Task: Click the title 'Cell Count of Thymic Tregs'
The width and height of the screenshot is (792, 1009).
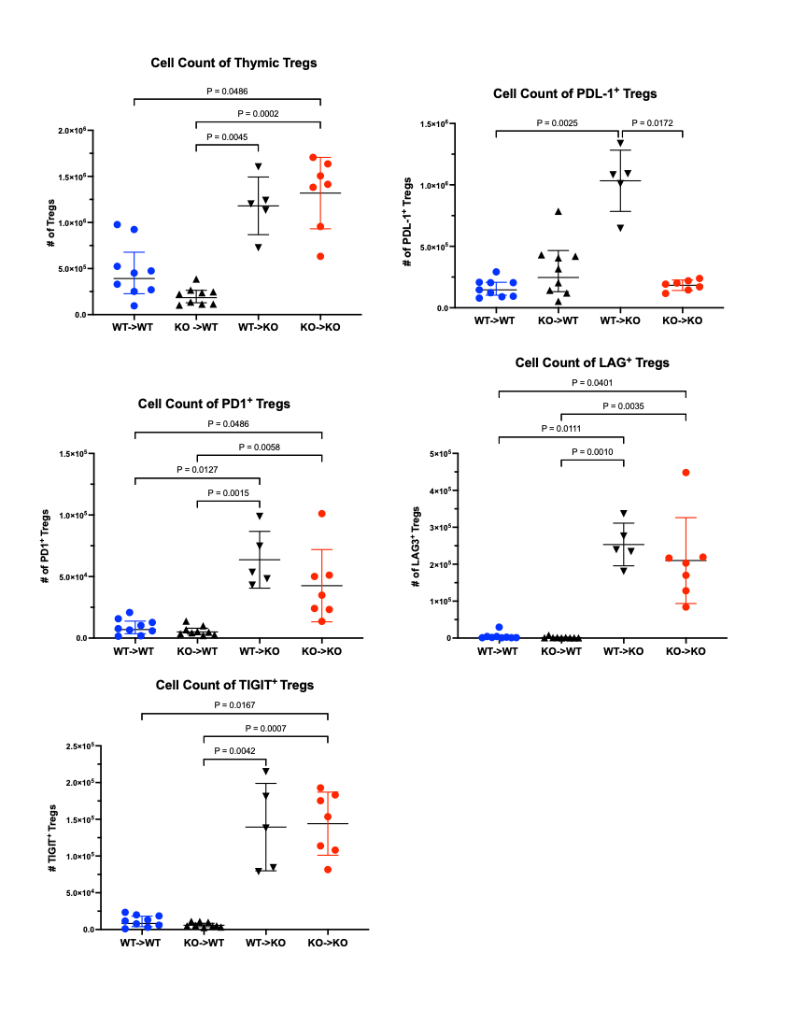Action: click(x=233, y=64)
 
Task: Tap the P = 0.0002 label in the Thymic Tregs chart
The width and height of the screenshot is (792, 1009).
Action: click(x=258, y=114)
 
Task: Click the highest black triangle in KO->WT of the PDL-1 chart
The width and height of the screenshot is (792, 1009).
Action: click(x=559, y=211)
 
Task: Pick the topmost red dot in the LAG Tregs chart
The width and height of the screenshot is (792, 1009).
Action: click(x=686, y=473)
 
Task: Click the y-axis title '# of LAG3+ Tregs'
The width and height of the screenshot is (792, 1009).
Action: click(x=417, y=547)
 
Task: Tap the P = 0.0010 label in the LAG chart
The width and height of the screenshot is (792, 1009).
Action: click(x=592, y=451)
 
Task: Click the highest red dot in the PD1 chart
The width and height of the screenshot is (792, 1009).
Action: click(x=321, y=513)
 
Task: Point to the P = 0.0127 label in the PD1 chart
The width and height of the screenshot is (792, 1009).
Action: click(x=197, y=470)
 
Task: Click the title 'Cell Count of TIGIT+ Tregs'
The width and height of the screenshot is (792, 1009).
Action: click(x=234, y=685)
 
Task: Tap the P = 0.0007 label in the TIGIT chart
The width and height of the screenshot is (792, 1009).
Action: click(x=266, y=728)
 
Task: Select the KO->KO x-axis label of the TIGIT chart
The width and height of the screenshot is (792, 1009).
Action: click(x=328, y=943)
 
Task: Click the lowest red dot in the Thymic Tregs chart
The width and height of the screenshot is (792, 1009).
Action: click(x=321, y=256)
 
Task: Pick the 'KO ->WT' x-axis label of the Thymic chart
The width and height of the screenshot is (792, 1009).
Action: click(x=197, y=328)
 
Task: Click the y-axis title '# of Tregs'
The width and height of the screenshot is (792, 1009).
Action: click(x=50, y=223)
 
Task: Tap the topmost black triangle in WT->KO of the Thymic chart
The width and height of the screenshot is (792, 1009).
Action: click(x=259, y=166)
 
